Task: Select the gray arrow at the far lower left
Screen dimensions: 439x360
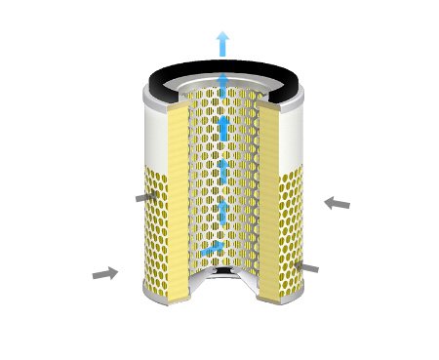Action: point(104,274)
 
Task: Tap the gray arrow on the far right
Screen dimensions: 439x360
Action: point(337,203)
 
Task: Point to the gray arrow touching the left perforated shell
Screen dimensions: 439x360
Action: point(146,197)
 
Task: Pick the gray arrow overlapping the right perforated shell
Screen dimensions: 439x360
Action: point(304,266)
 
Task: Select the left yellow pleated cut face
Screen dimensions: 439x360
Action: point(178,195)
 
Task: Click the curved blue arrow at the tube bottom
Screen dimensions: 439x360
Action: point(209,254)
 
